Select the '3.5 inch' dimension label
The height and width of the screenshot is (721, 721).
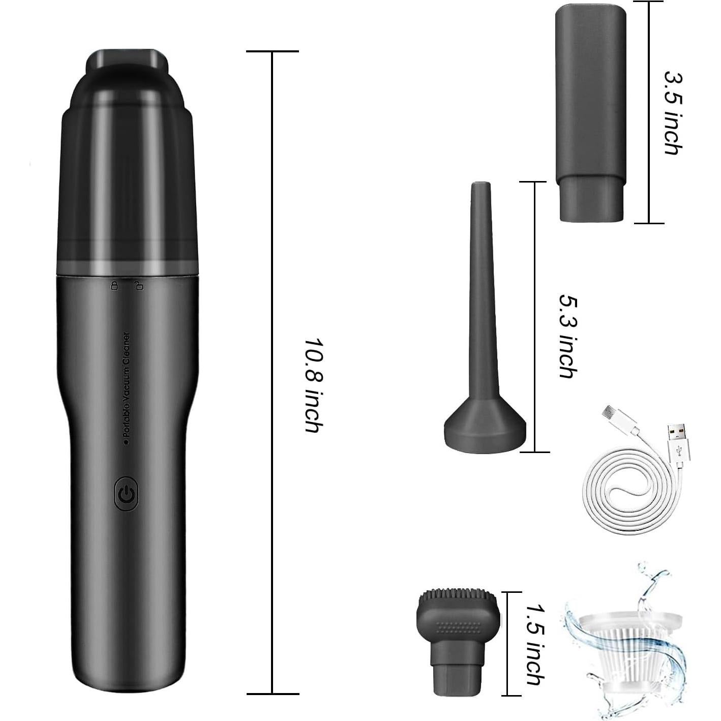pyautogui.click(x=673, y=112)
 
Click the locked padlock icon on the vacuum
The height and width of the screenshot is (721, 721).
pyautogui.click(x=115, y=285)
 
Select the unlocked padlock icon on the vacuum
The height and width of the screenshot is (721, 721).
pyautogui.click(x=138, y=285)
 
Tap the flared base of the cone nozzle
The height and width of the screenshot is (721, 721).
pyautogui.click(x=485, y=430)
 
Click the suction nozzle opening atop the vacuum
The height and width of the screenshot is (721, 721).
pyautogui.click(x=127, y=58)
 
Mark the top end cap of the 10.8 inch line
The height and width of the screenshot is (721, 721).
pyautogui.click(x=272, y=51)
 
